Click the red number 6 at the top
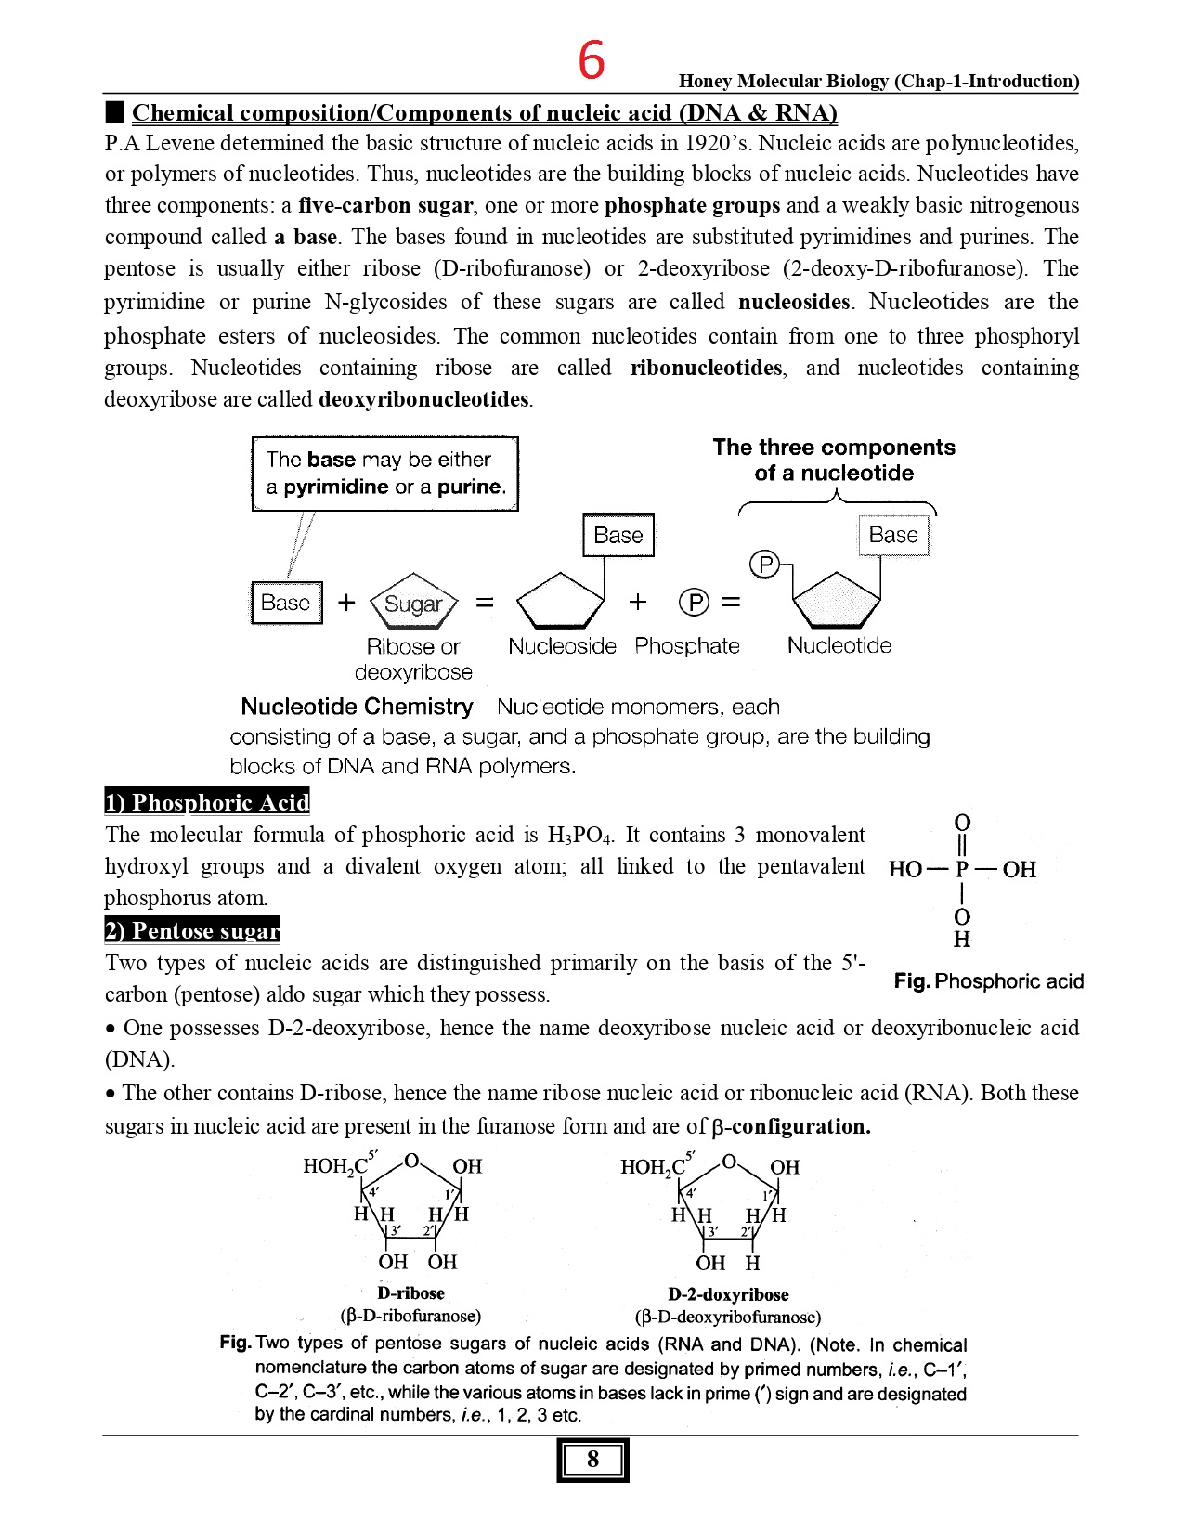pos(592,61)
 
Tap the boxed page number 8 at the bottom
pos(592,1460)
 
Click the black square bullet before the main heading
pos(114,113)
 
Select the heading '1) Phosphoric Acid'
pos(206,802)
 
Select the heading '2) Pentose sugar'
pos(192,930)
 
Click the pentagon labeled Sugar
pos(413,604)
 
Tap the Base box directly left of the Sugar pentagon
pos(286,603)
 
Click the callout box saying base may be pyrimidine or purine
pos(384,474)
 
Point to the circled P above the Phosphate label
pos(694,603)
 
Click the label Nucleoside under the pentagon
pos(562,646)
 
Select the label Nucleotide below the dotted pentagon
pos(839,646)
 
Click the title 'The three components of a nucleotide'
pos(833,460)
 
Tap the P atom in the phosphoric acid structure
pos(962,870)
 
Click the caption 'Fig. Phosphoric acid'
pos(988,981)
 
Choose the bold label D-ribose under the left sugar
pos(410,1293)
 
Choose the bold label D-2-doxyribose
pos(728,1294)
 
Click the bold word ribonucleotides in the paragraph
pos(706,368)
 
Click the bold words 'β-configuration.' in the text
pos(791,1126)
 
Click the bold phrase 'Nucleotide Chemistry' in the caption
pos(357,707)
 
